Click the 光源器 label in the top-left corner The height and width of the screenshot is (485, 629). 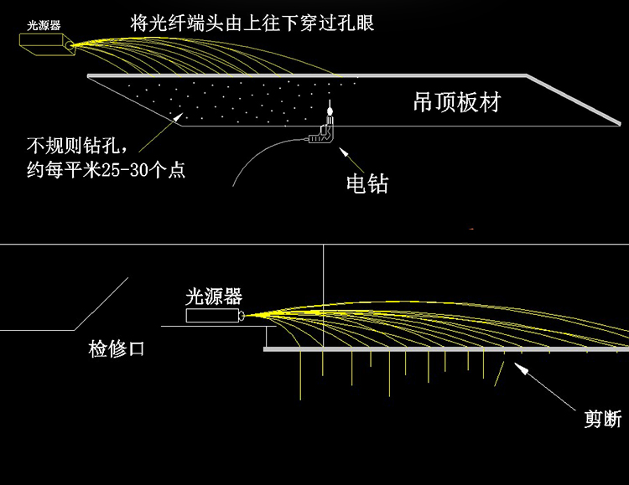click(x=44, y=24)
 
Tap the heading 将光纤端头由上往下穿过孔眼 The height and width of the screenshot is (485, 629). click(x=252, y=23)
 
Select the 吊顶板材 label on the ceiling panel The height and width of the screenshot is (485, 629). click(x=457, y=102)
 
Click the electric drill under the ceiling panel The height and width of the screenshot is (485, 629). click(x=324, y=133)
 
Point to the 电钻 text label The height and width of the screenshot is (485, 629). click(x=366, y=183)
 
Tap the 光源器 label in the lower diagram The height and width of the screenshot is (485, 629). click(x=214, y=296)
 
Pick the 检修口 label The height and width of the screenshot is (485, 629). click(x=117, y=348)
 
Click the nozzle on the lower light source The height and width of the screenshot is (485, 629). click(x=242, y=316)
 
